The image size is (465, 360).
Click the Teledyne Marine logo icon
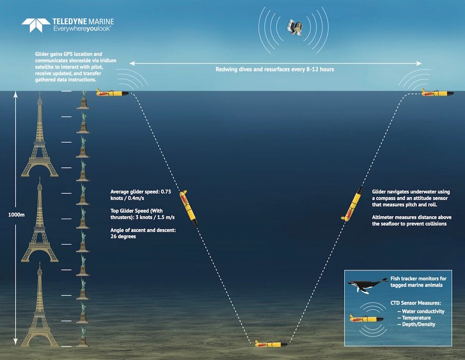(34, 25)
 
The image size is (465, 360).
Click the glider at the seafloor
(272, 343)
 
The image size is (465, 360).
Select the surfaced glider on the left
(112, 93)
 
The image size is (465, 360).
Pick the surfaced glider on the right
(437, 93)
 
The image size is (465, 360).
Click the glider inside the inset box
(366, 319)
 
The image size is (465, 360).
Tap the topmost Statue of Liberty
(82, 100)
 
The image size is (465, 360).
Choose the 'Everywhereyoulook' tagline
(82, 29)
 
